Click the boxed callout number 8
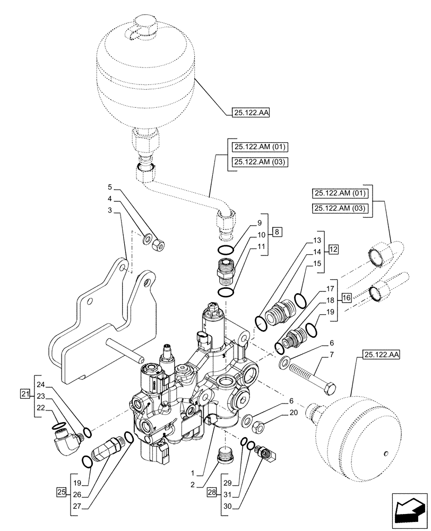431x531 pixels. tap(279, 232)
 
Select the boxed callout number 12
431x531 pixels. tap(332, 248)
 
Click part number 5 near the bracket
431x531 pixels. tap(109, 187)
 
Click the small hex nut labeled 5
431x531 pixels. tap(158, 245)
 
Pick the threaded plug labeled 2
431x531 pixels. tap(226, 456)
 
